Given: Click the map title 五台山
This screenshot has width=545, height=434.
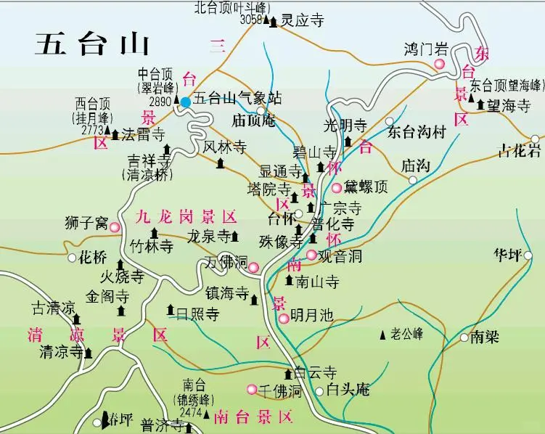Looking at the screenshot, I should pos(92,45).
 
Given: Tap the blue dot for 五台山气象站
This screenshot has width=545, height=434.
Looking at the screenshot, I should pos(186,102).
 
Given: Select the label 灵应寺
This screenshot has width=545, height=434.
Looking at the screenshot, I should pos(302,22).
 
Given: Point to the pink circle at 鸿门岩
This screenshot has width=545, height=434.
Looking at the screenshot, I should pos(439,65).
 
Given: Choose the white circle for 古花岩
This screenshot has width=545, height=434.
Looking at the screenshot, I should pos(536,139).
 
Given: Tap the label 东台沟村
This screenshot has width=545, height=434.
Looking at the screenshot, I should pos(415,132).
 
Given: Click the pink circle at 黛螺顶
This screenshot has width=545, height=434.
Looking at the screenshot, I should pos(337,187).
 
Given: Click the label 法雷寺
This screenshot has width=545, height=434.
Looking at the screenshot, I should pos(144,134).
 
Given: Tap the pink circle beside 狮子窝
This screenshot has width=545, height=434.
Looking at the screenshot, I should pos(115,227).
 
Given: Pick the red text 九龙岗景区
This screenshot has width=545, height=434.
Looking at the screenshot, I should pos(187,216).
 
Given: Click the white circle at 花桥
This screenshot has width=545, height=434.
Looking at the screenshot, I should pos(72,258).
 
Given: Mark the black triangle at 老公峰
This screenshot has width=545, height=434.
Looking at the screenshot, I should pos(383,335).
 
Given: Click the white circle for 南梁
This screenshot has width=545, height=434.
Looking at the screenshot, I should pos(464,337).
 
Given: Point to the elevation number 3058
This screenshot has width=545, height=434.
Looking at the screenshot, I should pos(250,20).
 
